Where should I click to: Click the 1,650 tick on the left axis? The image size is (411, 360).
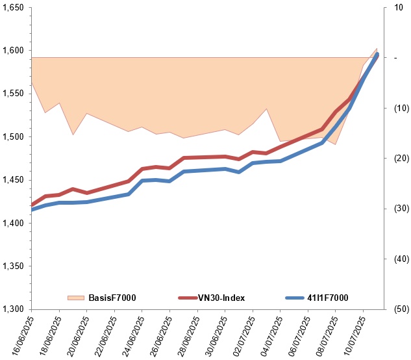click(13, 8)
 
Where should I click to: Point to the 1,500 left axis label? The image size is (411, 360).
click(13, 137)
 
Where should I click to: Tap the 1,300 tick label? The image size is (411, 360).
click(13, 309)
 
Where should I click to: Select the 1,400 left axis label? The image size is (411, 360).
click(13, 224)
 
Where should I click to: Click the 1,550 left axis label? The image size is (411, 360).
click(13, 94)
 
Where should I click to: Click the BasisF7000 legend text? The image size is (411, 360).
click(112, 298)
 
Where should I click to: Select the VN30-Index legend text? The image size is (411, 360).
click(221, 298)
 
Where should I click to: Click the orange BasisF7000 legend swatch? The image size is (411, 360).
click(76, 298)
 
